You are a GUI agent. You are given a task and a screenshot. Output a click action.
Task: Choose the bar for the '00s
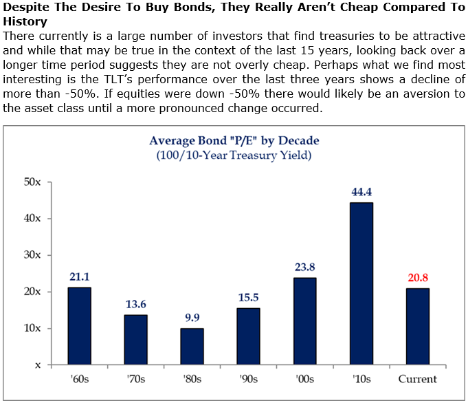coord(304,320)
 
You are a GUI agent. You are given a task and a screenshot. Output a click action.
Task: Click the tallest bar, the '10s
coord(360,283)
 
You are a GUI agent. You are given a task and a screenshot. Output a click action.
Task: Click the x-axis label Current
coord(417,378)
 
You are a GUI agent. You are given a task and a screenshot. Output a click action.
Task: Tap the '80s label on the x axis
coord(192,378)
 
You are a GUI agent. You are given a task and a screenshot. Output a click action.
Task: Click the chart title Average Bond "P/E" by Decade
coord(234,141)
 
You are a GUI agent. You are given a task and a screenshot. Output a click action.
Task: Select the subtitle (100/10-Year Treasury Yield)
coord(234,155)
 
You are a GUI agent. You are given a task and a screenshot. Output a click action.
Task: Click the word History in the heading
coord(25,21)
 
